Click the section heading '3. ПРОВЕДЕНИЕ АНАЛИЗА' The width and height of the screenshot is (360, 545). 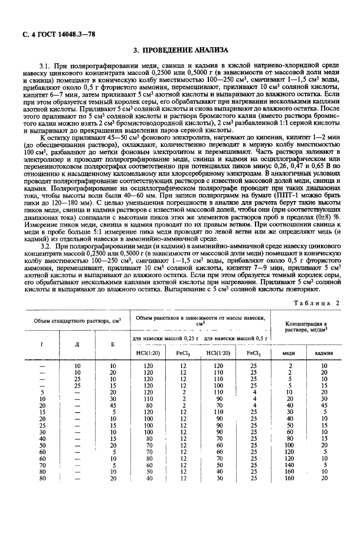pyautogui.click(x=180, y=51)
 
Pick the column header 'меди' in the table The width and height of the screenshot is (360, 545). pyautogui.click(x=290, y=353)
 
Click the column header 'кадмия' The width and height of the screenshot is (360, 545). pyautogui.click(x=324, y=353)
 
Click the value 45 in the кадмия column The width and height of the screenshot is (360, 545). pyautogui.click(x=324, y=405)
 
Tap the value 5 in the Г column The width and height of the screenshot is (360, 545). pyautogui.click(x=42, y=392)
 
